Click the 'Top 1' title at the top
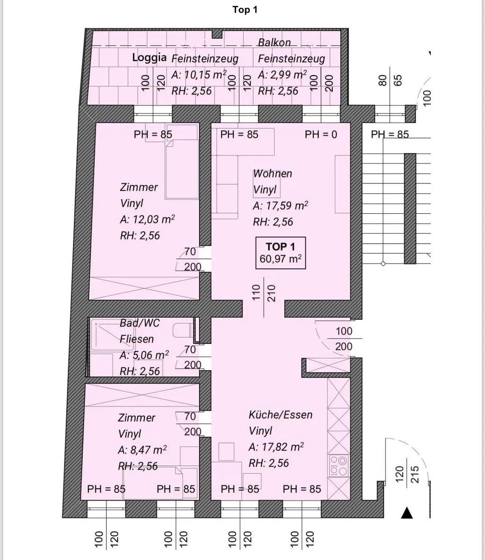(x=245, y=10)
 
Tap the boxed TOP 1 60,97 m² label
(x=280, y=253)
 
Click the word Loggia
(x=149, y=58)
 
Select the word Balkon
(x=274, y=42)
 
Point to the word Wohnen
(x=272, y=174)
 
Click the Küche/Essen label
(x=280, y=415)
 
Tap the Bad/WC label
(x=140, y=323)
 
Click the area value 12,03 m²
(x=154, y=219)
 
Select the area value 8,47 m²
(x=149, y=450)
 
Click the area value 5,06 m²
(x=150, y=355)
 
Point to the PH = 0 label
(x=321, y=135)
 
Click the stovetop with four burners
(x=339, y=466)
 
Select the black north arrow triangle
(x=407, y=513)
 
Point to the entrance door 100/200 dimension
(x=344, y=339)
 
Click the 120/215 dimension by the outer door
(x=407, y=475)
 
